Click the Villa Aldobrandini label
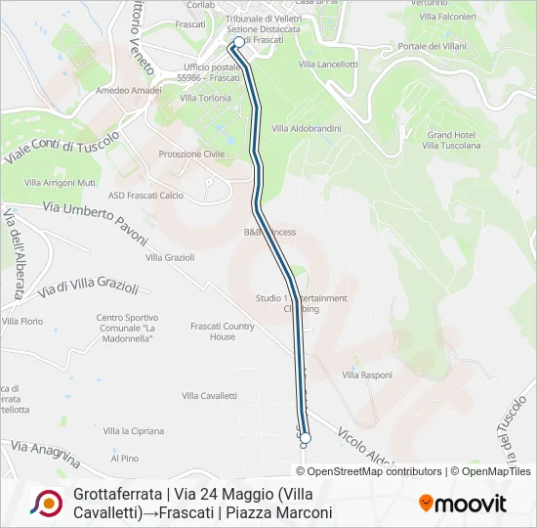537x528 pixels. [306, 128]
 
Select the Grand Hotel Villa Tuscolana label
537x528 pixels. [451, 140]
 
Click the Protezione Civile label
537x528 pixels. [191, 154]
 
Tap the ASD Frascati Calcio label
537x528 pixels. [145, 195]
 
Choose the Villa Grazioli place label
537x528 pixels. [170, 257]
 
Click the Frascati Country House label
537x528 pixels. [222, 330]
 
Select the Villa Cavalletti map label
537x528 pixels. [210, 395]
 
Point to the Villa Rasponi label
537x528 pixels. [367, 374]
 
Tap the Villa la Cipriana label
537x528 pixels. [134, 430]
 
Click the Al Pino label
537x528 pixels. [124, 457]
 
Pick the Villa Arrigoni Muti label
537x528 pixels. [61, 182]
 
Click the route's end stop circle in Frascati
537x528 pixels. [238, 43]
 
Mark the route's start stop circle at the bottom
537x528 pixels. [305, 437]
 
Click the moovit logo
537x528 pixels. [463, 504]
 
